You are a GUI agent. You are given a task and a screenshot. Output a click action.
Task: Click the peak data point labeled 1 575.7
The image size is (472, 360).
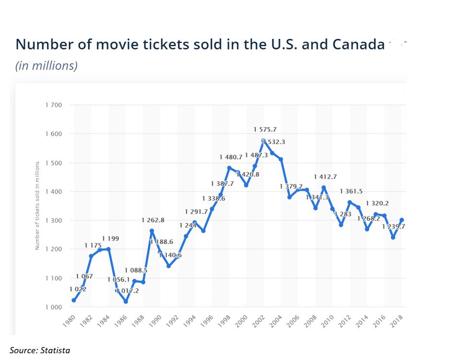[263, 141]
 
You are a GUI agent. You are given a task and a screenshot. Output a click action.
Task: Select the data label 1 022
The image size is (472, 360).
[78, 289]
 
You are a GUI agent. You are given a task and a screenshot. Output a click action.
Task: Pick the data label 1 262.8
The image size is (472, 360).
[153, 220]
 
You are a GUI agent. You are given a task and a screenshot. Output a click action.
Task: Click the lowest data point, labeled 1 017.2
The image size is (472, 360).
[126, 301]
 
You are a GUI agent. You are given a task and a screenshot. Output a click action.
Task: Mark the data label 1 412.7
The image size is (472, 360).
[325, 177]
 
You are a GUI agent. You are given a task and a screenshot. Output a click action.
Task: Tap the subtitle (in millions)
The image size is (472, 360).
[47, 66]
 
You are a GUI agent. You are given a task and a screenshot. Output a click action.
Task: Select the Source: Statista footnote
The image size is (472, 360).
[40, 350]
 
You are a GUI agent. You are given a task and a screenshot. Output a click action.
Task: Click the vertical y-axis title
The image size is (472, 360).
[37, 205]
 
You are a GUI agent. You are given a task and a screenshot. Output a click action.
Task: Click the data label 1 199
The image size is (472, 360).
[110, 239]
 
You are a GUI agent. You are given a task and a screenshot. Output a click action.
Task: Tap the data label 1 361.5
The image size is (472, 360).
[351, 192]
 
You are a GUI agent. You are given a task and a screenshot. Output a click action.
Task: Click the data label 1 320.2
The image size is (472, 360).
[377, 203]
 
